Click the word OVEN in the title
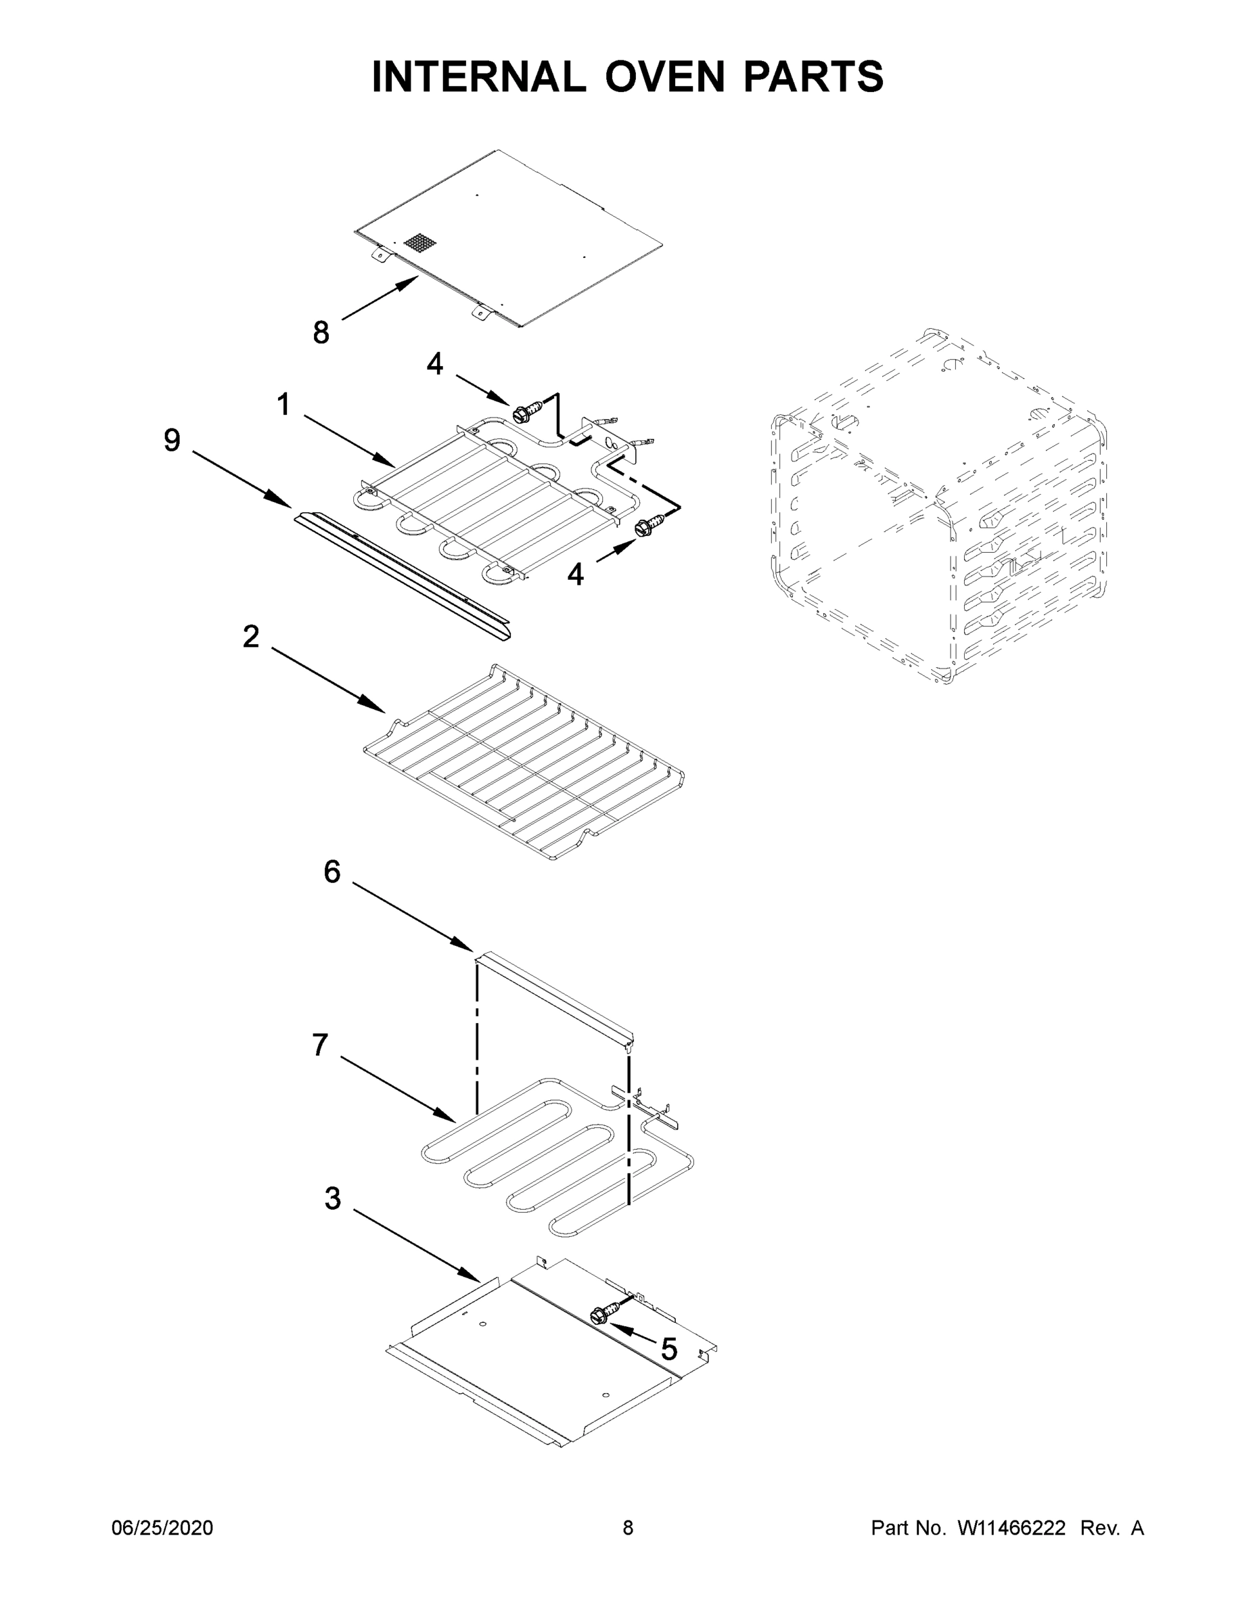click(x=664, y=76)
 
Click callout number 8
click(x=321, y=332)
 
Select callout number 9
click(x=172, y=441)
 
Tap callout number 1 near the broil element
click(x=283, y=405)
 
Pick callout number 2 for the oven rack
click(x=251, y=637)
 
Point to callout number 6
click(x=332, y=872)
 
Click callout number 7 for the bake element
click(x=320, y=1045)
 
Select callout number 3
click(x=332, y=1198)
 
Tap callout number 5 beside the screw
click(x=669, y=1348)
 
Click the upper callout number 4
click(x=435, y=364)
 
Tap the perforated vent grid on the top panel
click(x=420, y=242)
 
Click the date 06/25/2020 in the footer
click(x=162, y=1528)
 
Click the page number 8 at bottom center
click(x=628, y=1528)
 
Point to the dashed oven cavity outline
click(x=938, y=505)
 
